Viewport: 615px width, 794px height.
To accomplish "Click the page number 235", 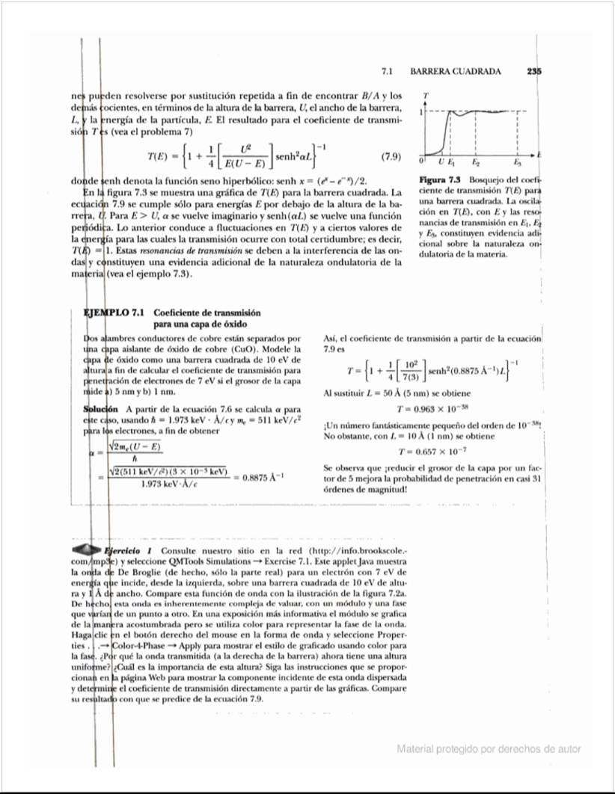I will (x=534, y=72).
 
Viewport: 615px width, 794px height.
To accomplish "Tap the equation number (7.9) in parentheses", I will (x=391, y=158).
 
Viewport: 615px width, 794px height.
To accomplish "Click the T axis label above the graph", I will (x=426, y=96).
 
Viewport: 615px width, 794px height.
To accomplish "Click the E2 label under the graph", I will (x=476, y=162).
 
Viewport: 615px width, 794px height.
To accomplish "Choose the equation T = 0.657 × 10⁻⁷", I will (x=432, y=451).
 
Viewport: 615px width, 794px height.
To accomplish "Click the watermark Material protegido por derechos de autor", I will (x=489, y=749).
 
